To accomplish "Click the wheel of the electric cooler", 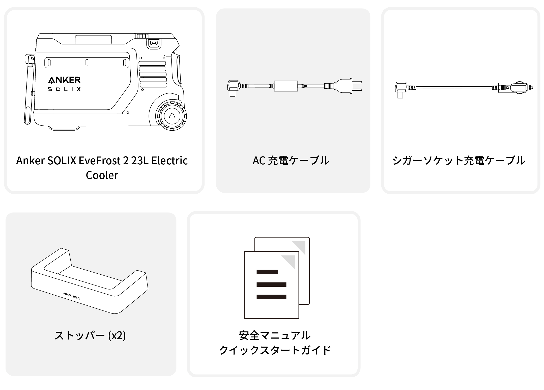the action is point(172,116).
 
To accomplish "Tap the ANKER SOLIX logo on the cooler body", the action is point(64,84).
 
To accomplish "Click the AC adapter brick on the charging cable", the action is point(286,86).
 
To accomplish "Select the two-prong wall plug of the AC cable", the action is point(348,86).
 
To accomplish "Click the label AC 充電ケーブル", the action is point(291,161).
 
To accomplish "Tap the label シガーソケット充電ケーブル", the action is point(459,161).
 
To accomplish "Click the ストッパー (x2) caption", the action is point(90,335).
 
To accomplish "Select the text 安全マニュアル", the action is point(275,335).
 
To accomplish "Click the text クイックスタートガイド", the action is point(275,350).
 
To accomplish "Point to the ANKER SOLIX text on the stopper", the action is point(72,296).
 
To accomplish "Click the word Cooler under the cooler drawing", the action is point(102,175).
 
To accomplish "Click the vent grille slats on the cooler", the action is point(153,74).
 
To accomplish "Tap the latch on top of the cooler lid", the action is point(154,43).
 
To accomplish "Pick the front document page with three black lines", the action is point(271,285).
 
